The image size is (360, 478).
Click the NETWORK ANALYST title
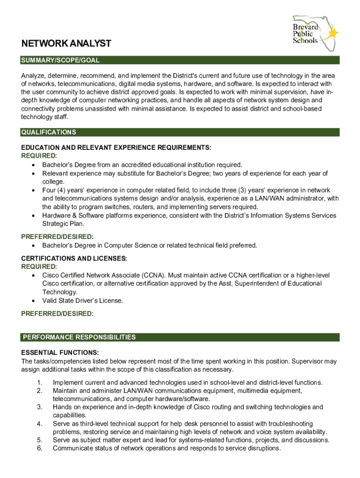coord(66,44)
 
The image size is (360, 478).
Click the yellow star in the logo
coord(333,33)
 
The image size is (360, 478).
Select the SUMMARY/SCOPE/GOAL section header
coord(60,61)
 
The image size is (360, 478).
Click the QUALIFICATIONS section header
coord(49,133)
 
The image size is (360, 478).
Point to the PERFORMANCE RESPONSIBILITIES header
coord(79,337)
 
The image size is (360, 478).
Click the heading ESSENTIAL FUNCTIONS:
coord(60,353)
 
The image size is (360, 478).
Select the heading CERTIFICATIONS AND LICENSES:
coord(74,258)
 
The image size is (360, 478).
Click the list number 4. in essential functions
coord(40,423)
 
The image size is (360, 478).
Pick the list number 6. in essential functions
coord(40,449)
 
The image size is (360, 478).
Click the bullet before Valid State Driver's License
coord(33,301)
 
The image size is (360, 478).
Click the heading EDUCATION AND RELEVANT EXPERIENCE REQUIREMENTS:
coord(116,148)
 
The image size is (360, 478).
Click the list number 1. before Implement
coord(40,383)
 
